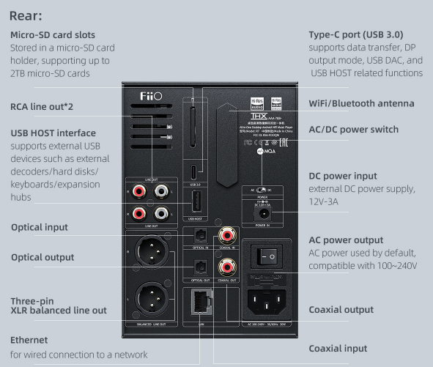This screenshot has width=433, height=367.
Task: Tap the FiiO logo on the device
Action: point(150,96)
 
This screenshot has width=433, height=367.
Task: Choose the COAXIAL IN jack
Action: point(227,234)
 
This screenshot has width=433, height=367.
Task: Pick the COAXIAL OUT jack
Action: point(227,266)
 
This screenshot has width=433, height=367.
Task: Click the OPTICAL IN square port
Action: point(199,235)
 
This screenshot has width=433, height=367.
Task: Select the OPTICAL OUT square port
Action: point(199,267)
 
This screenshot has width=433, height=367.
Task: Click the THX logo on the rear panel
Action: point(257,116)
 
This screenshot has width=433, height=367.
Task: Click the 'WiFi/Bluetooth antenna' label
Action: point(362,104)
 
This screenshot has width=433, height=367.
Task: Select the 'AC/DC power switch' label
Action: point(354,130)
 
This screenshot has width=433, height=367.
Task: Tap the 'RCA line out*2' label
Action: point(42,107)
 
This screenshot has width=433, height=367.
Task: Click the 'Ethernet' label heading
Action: point(29,340)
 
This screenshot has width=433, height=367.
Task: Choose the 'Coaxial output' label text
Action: point(341,310)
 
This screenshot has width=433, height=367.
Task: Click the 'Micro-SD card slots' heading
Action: point(53,35)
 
